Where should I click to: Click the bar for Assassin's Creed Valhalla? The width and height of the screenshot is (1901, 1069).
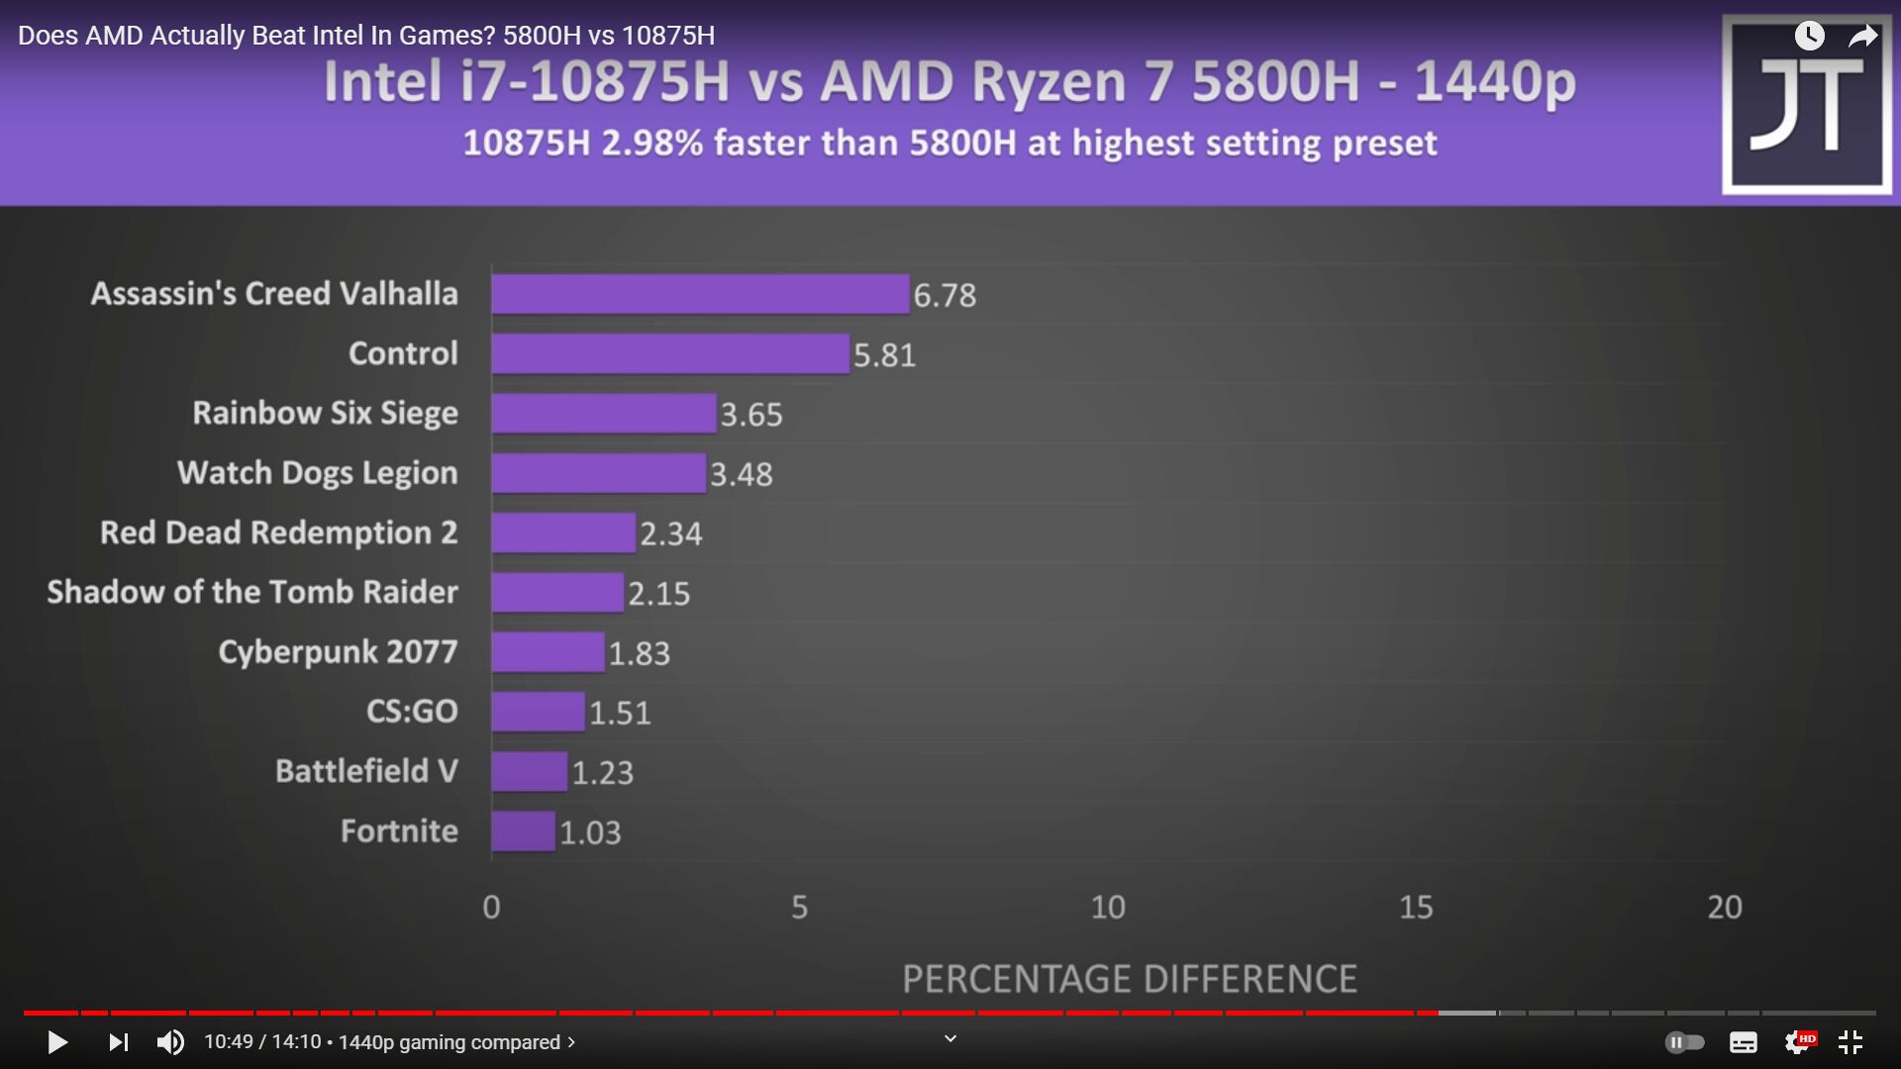700,294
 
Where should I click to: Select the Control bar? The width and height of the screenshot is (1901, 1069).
670,353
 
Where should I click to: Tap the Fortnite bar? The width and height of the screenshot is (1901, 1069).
524,831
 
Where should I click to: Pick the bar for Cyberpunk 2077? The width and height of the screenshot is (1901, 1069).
548,652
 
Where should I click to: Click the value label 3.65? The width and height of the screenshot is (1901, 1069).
751,414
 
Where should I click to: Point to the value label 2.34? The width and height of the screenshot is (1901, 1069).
670,534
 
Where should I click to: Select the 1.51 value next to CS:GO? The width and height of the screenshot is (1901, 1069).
620,713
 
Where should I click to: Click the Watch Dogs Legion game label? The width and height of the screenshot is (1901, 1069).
317,473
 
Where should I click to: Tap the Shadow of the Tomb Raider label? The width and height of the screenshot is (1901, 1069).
252,592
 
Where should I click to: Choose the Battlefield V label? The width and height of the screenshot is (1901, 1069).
366,771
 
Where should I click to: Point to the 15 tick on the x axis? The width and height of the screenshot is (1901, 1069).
1416,907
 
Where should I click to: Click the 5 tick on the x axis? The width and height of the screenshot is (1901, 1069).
799,907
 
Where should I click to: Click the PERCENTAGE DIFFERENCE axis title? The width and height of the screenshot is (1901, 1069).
1129,979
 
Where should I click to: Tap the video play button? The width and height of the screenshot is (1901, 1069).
57,1042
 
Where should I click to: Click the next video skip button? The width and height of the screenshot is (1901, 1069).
119,1042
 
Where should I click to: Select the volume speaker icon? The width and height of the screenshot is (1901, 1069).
170,1042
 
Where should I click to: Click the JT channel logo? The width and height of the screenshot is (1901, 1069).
1807,105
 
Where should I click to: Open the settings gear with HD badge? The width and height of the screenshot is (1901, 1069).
1798,1042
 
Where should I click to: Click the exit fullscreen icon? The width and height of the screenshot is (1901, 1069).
1851,1042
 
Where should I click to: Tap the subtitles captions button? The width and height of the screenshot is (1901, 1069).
1743,1042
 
